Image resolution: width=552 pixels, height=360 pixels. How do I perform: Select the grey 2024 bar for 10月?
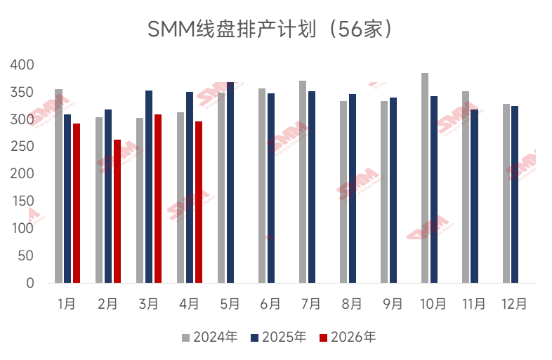(x=425, y=178)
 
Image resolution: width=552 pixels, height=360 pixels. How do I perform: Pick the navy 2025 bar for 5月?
(x=230, y=182)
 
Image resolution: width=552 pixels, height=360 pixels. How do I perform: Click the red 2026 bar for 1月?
(x=77, y=204)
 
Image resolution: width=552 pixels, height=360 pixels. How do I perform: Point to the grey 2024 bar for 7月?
(x=303, y=182)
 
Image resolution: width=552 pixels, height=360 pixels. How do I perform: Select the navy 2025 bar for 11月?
(x=475, y=196)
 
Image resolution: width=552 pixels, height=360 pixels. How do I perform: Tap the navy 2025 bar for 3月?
(x=149, y=187)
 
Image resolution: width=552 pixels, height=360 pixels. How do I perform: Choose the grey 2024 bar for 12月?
(x=506, y=194)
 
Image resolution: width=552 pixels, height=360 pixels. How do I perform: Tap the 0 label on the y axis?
(x=30, y=283)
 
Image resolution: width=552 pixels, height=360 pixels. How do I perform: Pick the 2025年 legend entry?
(x=279, y=338)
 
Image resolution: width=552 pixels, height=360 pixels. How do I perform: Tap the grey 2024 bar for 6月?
(x=262, y=186)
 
